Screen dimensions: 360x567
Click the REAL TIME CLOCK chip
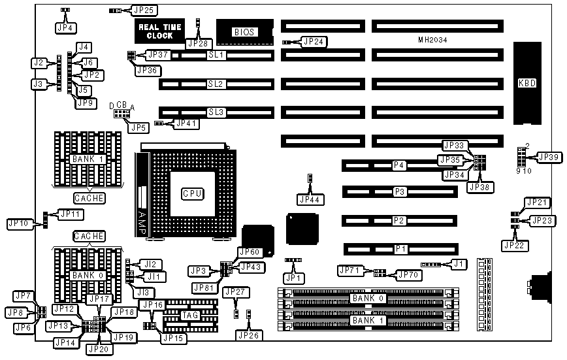[x=155, y=31]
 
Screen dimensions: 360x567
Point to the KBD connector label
[x=527, y=83]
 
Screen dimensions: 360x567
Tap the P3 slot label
[x=400, y=191]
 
